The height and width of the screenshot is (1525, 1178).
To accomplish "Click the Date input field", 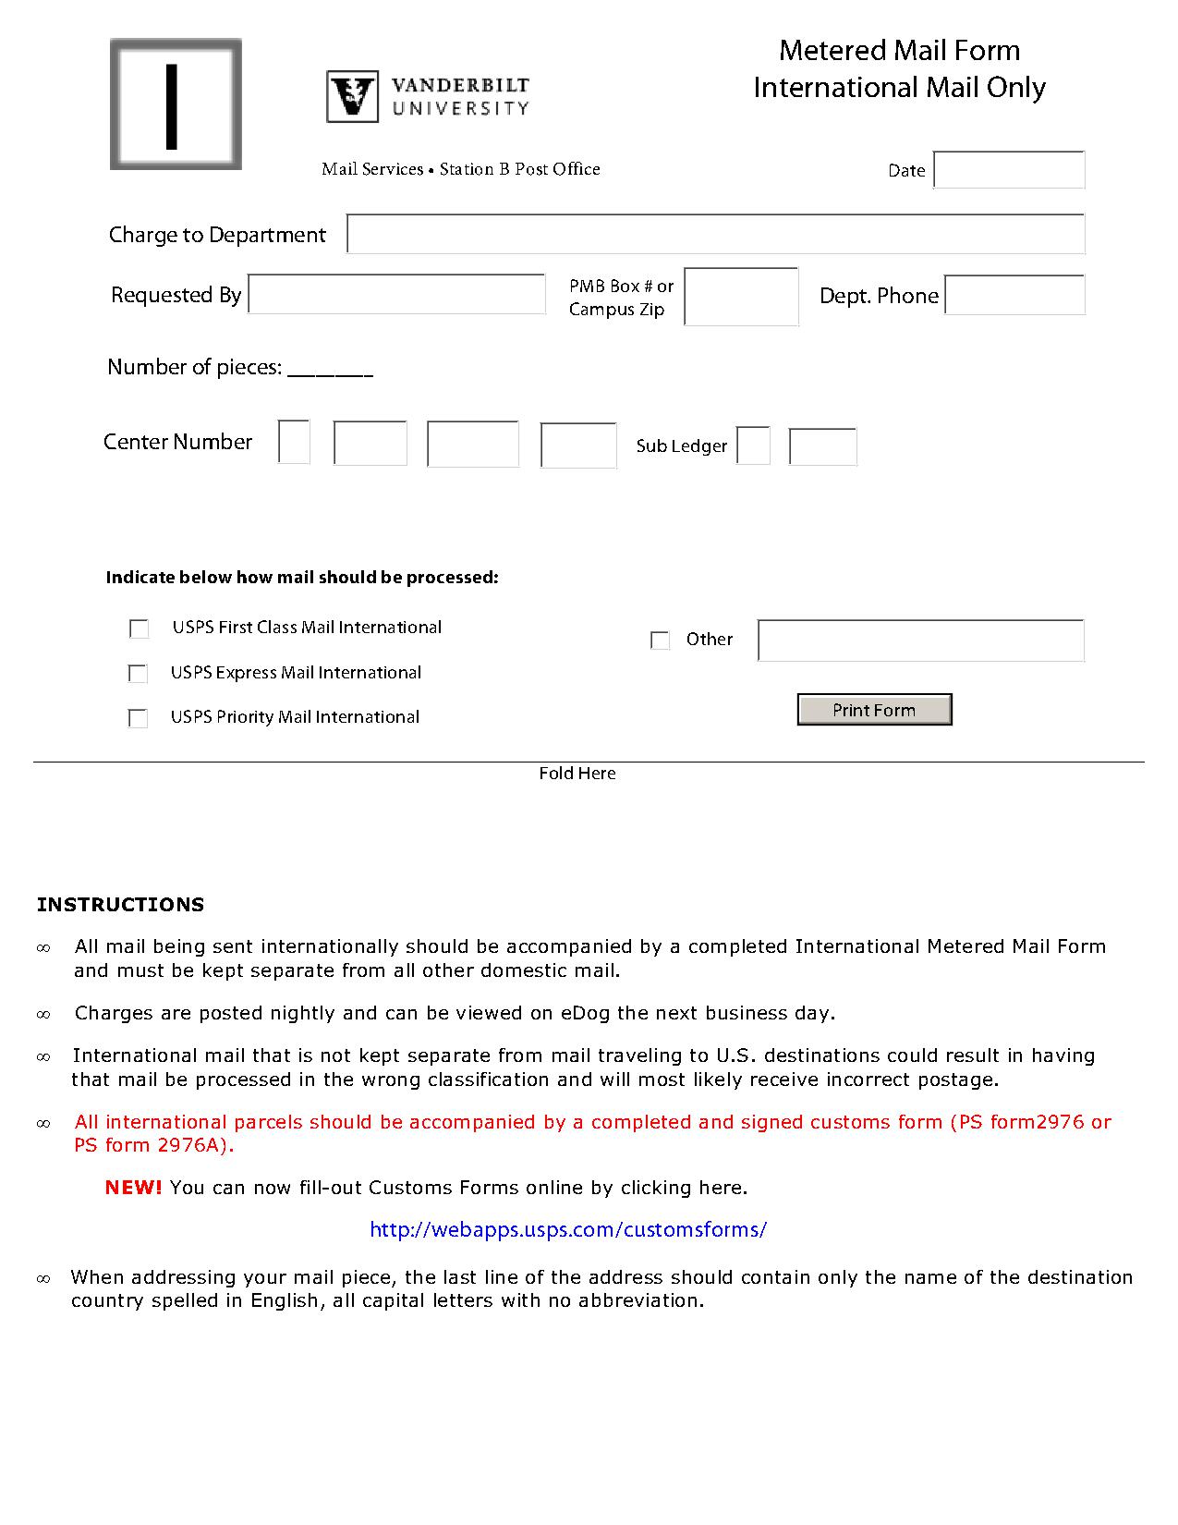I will point(1009,170).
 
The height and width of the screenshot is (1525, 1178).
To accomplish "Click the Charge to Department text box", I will point(715,234).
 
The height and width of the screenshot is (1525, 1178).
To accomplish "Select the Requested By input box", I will point(396,294).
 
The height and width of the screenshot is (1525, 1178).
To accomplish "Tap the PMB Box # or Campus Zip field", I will point(741,297).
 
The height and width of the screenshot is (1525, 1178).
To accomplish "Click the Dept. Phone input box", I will point(1014,295).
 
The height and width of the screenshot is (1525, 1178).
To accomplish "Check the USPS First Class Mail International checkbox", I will point(140,629).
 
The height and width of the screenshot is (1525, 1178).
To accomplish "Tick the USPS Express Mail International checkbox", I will point(139,674).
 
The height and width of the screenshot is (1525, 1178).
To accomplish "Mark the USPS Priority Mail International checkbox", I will point(139,718).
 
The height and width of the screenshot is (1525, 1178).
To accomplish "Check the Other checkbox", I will point(660,640).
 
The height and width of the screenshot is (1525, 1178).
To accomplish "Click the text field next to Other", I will point(920,640).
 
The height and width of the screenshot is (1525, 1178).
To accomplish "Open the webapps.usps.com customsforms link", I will point(567,1229).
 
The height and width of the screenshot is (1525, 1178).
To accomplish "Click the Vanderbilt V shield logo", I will point(352,97).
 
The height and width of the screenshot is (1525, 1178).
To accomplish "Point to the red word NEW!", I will point(133,1188).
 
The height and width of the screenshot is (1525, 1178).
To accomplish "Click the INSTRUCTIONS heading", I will point(120,905).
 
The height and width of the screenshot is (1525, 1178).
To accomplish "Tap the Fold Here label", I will point(577,774).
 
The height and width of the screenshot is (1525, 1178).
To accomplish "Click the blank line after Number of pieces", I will point(330,370).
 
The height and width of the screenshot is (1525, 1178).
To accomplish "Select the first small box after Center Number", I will point(294,442).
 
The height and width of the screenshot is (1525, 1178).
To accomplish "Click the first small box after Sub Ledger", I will point(753,445).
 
